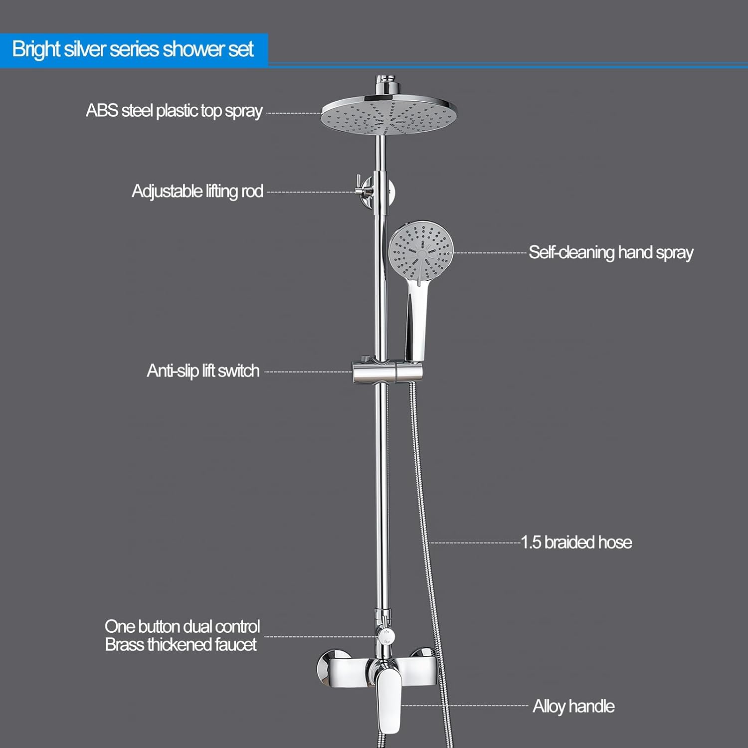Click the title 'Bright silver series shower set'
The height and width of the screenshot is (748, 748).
click(133, 49)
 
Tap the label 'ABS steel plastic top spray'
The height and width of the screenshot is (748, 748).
click(174, 111)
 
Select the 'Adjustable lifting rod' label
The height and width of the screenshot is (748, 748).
click(197, 191)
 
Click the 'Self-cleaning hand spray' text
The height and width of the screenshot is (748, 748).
click(611, 253)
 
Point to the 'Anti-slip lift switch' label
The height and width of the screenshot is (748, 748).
click(203, 371)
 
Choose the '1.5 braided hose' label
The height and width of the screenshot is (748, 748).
click(576, 543)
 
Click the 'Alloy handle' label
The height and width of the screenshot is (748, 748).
click(573, 707)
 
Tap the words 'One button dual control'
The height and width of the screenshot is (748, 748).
click(183, 626)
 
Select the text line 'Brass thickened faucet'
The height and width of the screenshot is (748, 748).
click(181, 645)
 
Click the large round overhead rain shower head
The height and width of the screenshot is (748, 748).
click(389, 115)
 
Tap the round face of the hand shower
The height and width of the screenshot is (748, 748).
click(421, 250)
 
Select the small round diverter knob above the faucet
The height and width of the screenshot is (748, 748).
click(385, 635)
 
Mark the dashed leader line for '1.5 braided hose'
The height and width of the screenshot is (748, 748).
click(475, 543)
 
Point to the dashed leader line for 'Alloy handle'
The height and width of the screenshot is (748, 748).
click(465, 706)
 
